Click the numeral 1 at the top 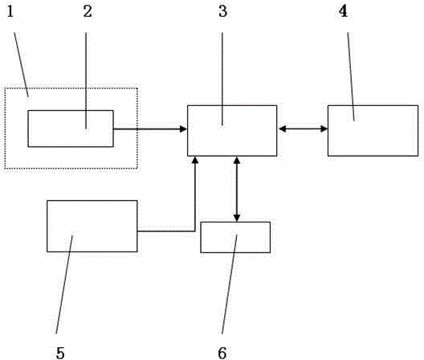10,11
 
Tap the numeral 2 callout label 88,11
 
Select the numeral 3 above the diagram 223,11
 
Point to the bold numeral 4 343,11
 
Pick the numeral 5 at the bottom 60,353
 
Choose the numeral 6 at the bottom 222,353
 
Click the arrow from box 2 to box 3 150,129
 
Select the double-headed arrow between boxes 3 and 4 303,129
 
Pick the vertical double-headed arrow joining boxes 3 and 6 237,189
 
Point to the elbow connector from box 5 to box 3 194,231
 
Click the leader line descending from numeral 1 22,64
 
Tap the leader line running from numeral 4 351,76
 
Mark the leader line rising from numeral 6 230,284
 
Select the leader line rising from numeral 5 64,284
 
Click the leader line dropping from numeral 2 86,80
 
